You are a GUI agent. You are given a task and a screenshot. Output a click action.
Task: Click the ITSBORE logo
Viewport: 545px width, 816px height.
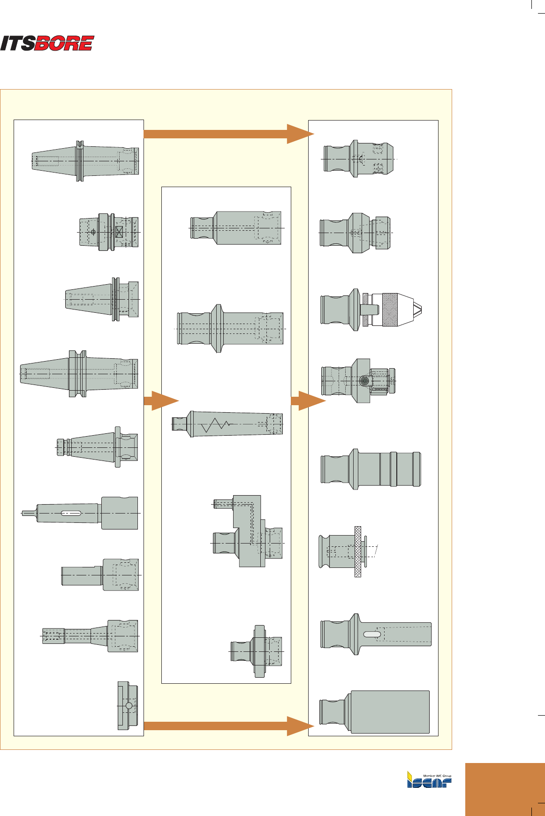pos(47,43)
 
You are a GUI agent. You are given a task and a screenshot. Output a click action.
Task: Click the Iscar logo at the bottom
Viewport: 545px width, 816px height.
pos(429,779)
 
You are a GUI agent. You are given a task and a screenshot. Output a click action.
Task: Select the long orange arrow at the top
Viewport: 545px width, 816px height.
pos(225,134)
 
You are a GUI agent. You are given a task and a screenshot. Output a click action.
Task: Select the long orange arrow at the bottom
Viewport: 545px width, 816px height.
pos(225,726)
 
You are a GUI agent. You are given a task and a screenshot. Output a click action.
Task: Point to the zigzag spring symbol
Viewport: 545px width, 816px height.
pos(215,425)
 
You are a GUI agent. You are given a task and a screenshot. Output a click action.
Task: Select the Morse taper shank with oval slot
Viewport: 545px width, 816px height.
pos(80,513)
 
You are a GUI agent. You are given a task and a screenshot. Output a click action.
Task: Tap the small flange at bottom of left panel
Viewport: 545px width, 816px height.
pos(128,705)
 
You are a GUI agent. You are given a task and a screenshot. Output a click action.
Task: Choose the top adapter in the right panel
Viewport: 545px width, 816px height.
pos(359,159)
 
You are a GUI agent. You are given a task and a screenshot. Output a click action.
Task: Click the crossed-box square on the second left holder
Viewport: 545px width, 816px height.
pos(119,232)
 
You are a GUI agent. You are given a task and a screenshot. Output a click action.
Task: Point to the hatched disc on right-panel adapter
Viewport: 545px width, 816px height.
pos(358,551)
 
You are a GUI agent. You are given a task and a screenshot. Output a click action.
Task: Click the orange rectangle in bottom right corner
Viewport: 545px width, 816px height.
pos(505,789)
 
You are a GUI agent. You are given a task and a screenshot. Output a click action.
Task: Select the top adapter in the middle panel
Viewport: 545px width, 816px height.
pos(236,227)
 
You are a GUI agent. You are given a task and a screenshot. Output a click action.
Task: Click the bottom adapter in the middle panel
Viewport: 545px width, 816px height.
pos(257,651)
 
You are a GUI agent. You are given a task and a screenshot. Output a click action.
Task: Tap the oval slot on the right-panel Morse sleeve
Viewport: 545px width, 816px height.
pos(372,634)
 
